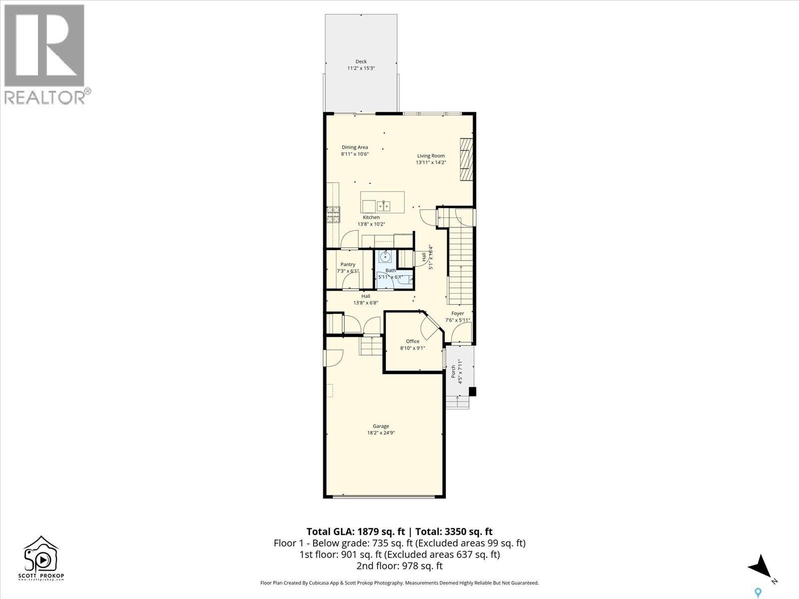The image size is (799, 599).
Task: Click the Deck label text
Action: (361, 61)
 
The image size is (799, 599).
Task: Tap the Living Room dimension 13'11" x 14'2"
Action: (431, 162)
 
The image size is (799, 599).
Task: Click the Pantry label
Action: (348, 265)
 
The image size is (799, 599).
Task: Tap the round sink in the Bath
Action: (385, 257)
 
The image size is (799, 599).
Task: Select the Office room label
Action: (412, 341)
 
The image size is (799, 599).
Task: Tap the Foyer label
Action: (457, 313)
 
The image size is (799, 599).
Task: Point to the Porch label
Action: (453, 371)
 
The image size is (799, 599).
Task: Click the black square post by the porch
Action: (472, 392)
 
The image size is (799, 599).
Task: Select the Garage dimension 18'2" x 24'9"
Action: (381, 433)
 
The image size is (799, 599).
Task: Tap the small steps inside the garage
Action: (370, 346)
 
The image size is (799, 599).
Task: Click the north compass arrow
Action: (760, 566)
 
